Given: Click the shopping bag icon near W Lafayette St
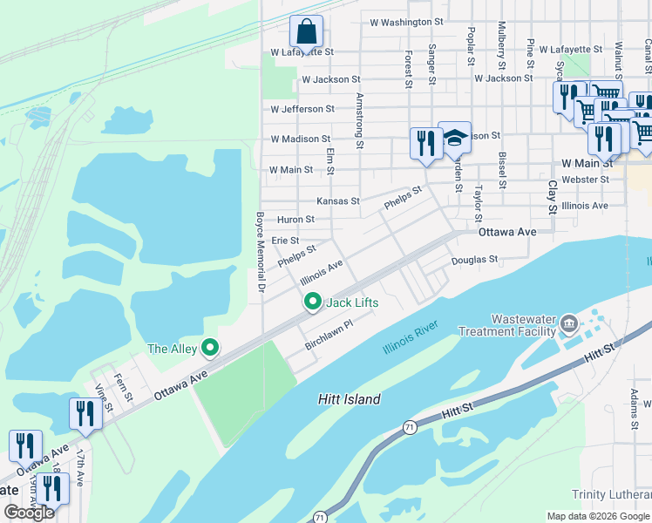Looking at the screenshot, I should pyautogui.click(x=306, y=32).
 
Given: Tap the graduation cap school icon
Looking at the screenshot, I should pyautogui.click(x=454, y=139).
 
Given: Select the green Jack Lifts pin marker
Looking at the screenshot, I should pyautogui.click(x=313, y=302).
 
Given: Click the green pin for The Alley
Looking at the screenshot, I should pyautogui.click(x=209, y=349).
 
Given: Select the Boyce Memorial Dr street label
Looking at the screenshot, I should pyautogui.click(x=259, y=251).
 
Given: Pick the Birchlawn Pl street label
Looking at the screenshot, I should pyautogui.click(x=329, y=336).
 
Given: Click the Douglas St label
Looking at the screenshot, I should pyautogui.click(x=474, y=260).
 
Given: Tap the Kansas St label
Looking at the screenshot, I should pyautogui.click(x=338, y=201).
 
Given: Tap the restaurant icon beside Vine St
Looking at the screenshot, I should pyautogui.click(x=85, y=412).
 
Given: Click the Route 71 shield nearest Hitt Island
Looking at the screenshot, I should pyautogui.click(x=409, y=427).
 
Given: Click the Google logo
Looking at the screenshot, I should pyautogui.click(x=29, y=513).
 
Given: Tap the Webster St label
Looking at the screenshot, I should pyautogui.click(x=585, y=180).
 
